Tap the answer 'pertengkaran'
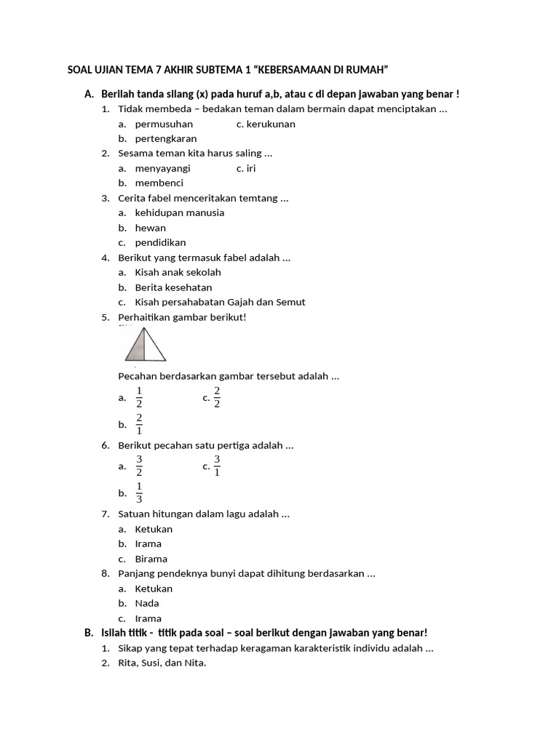coord(166,138)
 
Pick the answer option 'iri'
coord(252,168)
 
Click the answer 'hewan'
coord(151,228)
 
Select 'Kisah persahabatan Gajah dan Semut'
coord(220,302)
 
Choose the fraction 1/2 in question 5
coord(139,397)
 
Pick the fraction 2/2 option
coord(216,397)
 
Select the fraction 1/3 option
coord(139,493)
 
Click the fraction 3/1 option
coord(216,466)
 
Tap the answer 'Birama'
coord(151,559)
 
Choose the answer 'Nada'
coord(147,603)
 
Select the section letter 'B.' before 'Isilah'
coord(90,633)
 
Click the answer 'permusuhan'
coord(164,124)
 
